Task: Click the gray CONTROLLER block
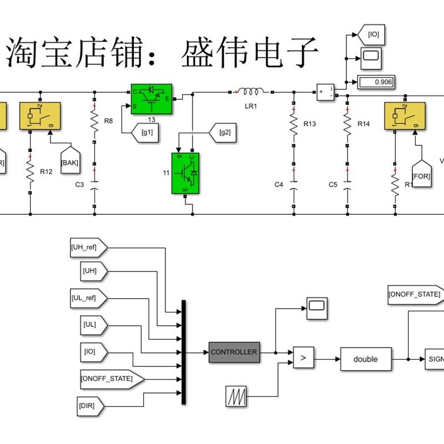click(234, 352)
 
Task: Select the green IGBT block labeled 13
click(151, 99)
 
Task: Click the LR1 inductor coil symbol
click(250, 91)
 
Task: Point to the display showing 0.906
click(376, 82)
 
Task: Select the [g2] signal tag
click(224, 132)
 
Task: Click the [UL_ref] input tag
click(87, 298)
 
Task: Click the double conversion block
click(365, 359)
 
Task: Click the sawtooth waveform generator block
click(235, 396)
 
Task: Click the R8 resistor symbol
click(94, 120)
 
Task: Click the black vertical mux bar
click(184, 352)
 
